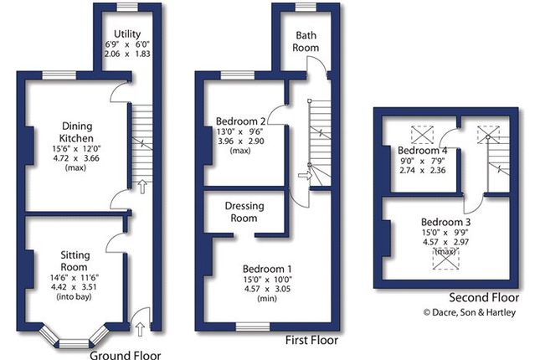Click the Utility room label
[x=127, y=33]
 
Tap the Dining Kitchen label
[x=77, y=132]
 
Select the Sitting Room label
[x=75, y=260]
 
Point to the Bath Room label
[x=306, y=41]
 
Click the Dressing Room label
[x=244, y=212]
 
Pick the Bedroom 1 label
[x=267, y=269]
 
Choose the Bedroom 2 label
[x=241, y=121]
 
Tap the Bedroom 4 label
[x=422, y=150]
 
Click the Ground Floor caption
[x=126, y=355]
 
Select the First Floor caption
[x=311, y=341]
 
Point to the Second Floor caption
[x=484, y=297]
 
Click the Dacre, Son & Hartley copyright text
[x=470, y=312]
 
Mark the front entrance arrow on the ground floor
[x=140, y=329]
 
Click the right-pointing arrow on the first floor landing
[x=305, y=176]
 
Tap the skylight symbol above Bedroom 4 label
[x=423, y=135]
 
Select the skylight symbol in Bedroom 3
[x=445, y=259]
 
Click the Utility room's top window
[x=127, y=8]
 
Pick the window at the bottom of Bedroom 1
[x=253, y=327]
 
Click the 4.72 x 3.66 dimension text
[x=75, y=158]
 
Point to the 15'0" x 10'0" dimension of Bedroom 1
[x=267, y=279]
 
